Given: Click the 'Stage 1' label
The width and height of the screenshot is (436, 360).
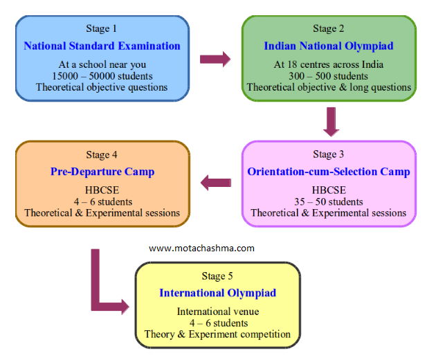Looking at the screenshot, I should click(102, 28).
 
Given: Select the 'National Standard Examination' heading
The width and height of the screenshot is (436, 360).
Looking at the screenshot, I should click(102, 46).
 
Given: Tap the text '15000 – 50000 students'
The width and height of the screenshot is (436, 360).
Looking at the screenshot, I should click(102, 75).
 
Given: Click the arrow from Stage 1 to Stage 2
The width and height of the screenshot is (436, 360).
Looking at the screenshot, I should click(215, 60).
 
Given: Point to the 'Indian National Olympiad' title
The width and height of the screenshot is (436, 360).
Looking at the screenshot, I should click(329, 46).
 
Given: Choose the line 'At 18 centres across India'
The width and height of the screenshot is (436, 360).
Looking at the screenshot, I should click(329, 64).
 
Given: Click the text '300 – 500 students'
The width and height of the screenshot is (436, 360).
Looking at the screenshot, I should click(329, 76).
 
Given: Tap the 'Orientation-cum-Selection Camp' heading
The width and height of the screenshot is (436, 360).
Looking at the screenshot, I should click(329, 172).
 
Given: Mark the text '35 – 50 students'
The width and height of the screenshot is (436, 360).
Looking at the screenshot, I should click(329, 201).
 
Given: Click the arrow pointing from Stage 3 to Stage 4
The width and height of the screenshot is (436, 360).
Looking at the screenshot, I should click(215, 183).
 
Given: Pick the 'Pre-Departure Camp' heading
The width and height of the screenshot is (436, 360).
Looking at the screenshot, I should click(102, 171).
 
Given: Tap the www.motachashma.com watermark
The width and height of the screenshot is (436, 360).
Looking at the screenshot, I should click(202, 248).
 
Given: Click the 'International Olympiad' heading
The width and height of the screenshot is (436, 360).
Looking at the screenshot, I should click(217, 293).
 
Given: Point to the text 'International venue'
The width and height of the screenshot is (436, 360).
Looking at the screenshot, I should click(217, 312).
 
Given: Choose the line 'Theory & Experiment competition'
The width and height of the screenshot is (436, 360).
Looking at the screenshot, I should click(217, 334).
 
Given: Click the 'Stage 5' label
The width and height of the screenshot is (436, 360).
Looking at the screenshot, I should click(217, 276).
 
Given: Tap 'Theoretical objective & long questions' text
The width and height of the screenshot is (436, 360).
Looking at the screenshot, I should click(329, 88).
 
